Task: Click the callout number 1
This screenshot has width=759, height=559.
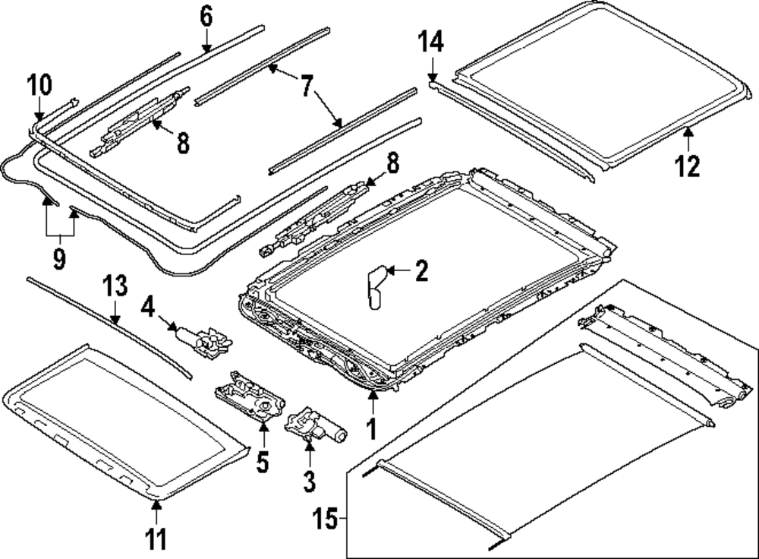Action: point(372,429)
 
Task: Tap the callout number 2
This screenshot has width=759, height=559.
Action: point(421,270)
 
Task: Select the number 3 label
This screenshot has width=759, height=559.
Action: point(310,481)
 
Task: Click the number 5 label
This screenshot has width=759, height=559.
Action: point(263,463)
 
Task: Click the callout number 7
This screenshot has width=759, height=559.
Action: point(306,86)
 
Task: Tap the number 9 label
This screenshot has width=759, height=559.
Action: point(59,259)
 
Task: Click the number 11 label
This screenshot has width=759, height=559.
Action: point(156,540)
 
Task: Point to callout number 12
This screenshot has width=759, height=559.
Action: point(688,165)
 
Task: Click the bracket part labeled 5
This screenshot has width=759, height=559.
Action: point(250,396)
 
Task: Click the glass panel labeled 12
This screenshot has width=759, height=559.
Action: point(600,91)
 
